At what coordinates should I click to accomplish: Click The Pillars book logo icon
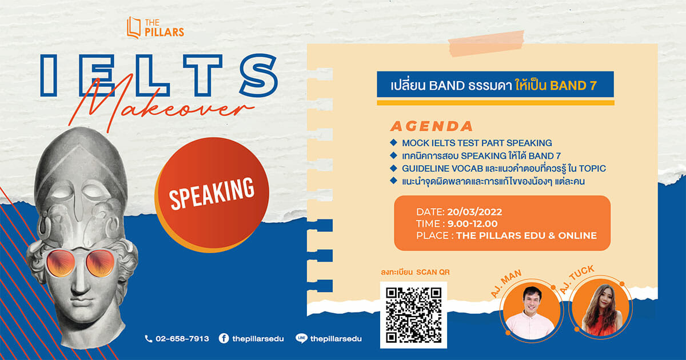coord(134,27)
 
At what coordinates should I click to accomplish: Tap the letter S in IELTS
coord(259,75)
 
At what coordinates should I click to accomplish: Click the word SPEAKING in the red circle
coord(212,194)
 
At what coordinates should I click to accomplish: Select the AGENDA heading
coord(432,126)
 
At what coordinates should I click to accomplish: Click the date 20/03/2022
coord(474,212)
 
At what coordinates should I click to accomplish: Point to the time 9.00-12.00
coord(472,224)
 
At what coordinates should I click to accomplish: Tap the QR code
coord(413,315)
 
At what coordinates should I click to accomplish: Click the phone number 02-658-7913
coord(182,338)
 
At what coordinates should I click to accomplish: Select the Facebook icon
coord(224,338)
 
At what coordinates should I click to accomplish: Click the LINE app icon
coord(302,338)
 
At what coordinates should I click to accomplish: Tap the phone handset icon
coord(148,338)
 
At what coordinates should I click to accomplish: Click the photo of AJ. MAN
coord(531,311)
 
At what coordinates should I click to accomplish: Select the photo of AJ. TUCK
coord(601,309)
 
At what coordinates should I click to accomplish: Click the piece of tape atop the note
coord(486,43)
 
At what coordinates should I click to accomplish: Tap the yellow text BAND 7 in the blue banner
coord(573,85)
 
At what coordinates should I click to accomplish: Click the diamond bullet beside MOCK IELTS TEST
coord(394,142)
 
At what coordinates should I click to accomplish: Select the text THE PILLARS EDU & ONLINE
coord(527,235)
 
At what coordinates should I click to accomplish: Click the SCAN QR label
coord(433,272)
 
